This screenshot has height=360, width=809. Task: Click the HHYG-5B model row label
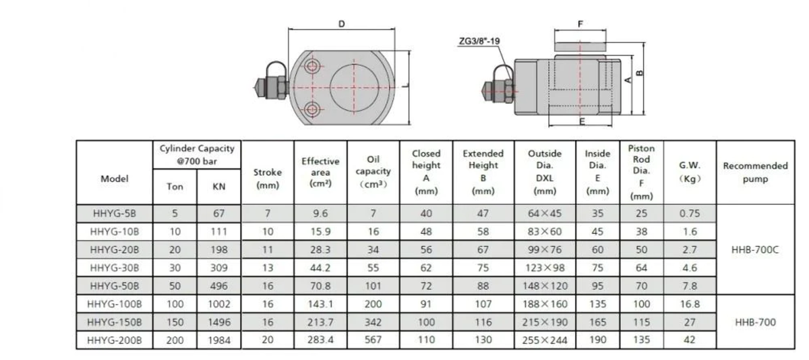tap(115, 214)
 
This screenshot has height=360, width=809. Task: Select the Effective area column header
tap(320, 172)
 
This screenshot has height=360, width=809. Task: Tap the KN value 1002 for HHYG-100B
tap(220, 304)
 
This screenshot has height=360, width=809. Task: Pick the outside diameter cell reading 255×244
tap(545, 340)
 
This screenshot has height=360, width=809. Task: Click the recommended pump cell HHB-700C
tap(754, 249)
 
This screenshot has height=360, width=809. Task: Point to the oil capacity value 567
tap(373, 340)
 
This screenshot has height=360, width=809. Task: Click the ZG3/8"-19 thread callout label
tap(478, 41)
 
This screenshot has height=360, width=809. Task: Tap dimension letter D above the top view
tap(341, 24)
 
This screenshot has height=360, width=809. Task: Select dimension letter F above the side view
tap(580, 23)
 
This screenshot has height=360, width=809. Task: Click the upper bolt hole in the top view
tap(311, 65)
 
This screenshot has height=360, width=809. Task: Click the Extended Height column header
tap(483, 172)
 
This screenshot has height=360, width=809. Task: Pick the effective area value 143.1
tap(320, 304)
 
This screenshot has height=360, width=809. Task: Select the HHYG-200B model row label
tap(115, 340)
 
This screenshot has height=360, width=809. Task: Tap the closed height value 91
tap(426, 304)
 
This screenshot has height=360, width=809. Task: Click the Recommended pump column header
tap(754, 172)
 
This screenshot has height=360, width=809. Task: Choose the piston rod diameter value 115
tap(641, 322)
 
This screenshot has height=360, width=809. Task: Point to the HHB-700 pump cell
tap(754, 322)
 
